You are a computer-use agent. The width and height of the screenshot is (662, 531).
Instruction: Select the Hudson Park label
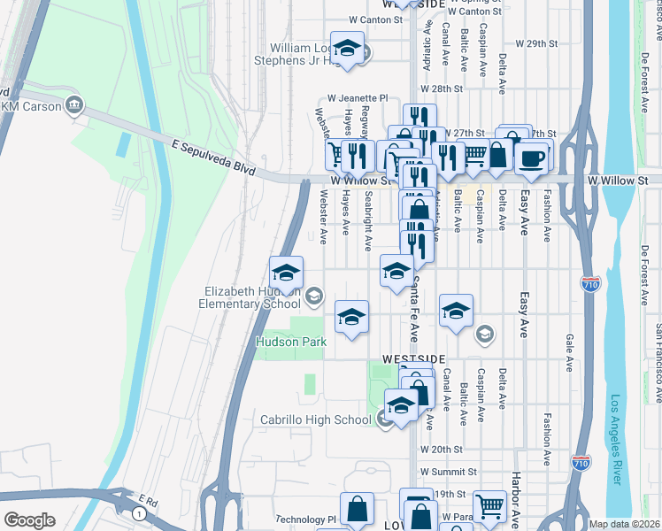coord(291,342)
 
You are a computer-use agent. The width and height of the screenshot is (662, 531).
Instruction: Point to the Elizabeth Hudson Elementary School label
coord(253,297)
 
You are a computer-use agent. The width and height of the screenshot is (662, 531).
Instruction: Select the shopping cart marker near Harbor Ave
coord(489,507)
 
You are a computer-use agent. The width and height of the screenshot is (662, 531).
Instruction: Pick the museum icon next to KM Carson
coord(74,106)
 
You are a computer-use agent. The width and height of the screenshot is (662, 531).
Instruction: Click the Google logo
coord(29,520)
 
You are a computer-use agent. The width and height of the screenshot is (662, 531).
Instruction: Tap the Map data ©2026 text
coord(625,524)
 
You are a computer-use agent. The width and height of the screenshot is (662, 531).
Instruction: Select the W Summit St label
coord(449,472)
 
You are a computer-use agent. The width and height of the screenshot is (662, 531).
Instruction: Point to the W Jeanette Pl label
coord(358,98)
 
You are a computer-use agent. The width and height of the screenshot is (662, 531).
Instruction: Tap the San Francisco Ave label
coord(658,350)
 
